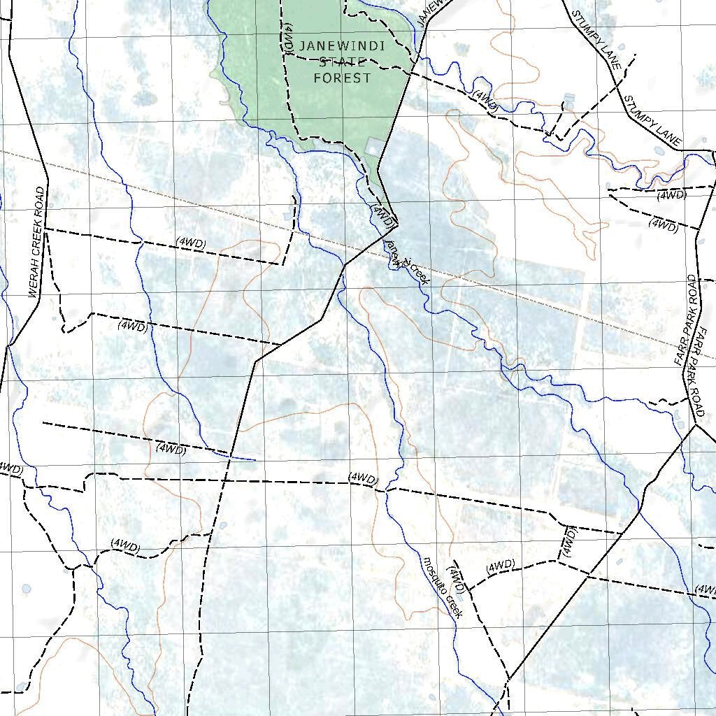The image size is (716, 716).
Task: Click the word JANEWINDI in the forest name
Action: pyautogui.click(x=342, y=47)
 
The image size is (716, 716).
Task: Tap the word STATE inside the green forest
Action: pyautogui.click(x=342, y=62)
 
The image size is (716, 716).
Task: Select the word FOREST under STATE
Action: pyautogui.click(x=342, y=78)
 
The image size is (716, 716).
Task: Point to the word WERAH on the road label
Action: pyautogui.click(x=36, y=280)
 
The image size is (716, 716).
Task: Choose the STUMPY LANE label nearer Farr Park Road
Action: pyautogui.click(x=652, y=122)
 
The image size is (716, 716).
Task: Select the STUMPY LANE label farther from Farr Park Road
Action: pyautogui.click(x=596, y=39)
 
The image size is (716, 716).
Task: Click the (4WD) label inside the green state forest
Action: pyautogui.click(x=288, y=37)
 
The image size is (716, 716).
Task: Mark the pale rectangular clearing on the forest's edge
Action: pyautogui.click(x=374, y=146)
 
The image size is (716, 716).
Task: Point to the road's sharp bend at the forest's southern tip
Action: pyautogui.click(x=397, y=224)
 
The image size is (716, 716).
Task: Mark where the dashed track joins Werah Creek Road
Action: pyautogui.click(x=45, y=229)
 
